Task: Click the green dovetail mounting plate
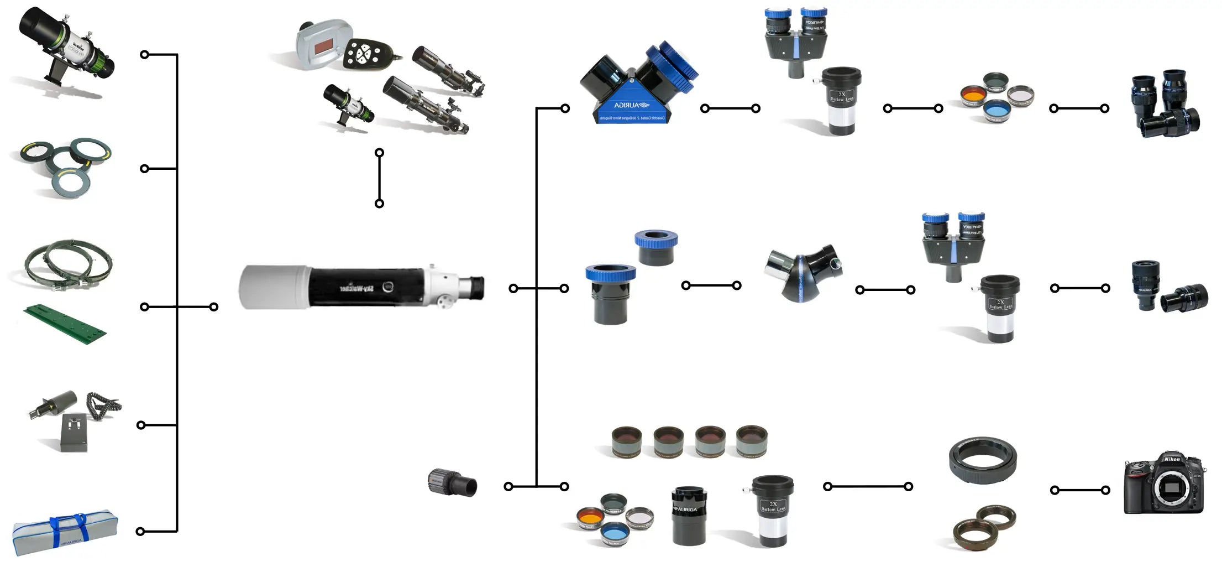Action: (65, 324)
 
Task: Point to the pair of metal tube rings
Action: (68, 264)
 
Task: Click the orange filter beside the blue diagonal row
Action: (973, 95)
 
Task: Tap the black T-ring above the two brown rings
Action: (982, 460)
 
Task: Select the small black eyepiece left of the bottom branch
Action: (452, 483)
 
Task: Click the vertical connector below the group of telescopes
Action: (379, 178)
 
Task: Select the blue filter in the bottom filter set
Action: (612, 534)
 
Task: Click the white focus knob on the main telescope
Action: (445, 302)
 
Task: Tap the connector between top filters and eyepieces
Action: (1079, 108)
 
